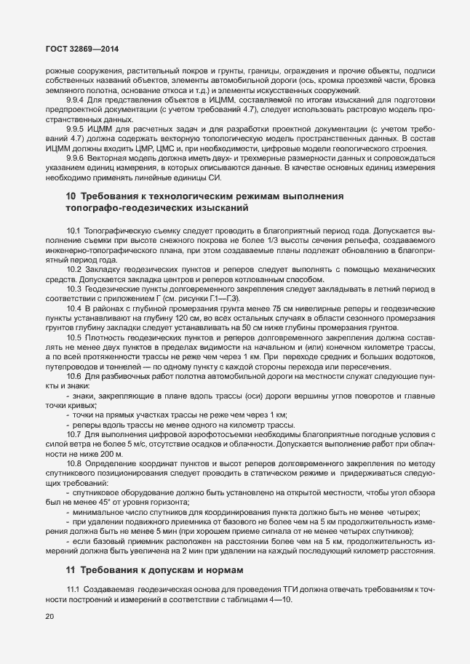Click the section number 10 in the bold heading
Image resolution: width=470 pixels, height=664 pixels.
tap(71, 197)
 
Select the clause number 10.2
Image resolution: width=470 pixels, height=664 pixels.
tap(74, 269)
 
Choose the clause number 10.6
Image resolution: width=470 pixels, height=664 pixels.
tap(74, 375)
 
